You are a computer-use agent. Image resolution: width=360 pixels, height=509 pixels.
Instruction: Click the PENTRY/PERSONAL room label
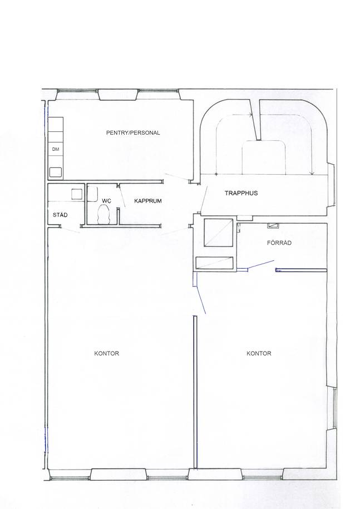point(133,133)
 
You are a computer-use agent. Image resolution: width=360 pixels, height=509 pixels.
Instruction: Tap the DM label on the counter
point(56,149)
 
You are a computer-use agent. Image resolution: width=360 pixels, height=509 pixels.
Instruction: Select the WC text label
point(106,201)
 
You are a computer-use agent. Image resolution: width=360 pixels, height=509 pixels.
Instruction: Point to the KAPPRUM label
point(147,201)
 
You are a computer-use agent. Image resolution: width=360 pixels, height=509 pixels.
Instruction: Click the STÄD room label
point(60,215)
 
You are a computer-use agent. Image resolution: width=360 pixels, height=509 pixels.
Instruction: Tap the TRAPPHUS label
point(241,193)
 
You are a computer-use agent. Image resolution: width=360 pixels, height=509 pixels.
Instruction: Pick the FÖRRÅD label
point(279,243)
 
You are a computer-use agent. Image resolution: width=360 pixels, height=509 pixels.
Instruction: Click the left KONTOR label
point(106,353)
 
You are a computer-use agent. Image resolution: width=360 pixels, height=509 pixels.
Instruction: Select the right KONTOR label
point(259,353)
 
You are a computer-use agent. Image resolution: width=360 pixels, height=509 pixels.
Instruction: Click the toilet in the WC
point(105,215)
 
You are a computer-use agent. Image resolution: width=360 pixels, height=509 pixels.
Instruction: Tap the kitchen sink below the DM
point(56,172)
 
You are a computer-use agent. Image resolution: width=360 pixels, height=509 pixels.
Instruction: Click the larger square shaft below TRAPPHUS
point(219,233)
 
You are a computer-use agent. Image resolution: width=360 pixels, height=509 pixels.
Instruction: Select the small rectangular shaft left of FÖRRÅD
point(215,263)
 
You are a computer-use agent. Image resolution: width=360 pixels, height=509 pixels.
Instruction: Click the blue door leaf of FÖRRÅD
point(261,264)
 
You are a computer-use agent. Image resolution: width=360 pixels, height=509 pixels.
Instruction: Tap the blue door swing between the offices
point(201,299)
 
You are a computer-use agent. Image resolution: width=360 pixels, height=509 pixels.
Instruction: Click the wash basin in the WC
point(92,194)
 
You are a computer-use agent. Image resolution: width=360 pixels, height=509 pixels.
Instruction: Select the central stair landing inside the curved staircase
point(264,157)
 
